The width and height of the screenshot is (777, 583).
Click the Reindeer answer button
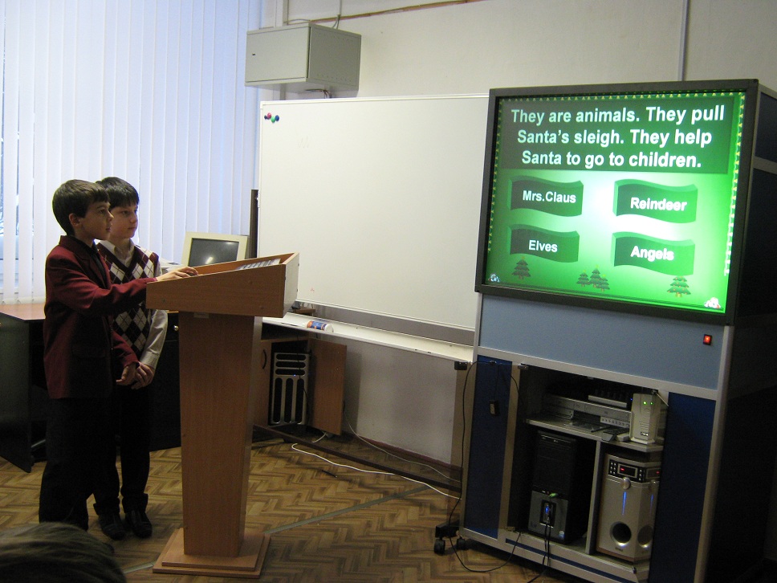[655, 202]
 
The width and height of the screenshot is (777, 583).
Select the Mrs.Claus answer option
[547, 196]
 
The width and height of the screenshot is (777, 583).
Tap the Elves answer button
[543, 244]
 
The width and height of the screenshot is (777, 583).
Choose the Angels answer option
[653, 253]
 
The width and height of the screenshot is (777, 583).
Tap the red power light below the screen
[707, 340]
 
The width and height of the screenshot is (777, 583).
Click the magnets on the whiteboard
[271, 117]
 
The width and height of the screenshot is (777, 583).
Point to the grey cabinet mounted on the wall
[303, 57]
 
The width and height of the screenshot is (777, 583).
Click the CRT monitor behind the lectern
[214, 250]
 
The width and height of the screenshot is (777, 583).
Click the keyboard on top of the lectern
[258, 263]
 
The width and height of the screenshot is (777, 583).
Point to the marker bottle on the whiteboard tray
[319, 326]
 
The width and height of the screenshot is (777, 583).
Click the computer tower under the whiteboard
[289, 388]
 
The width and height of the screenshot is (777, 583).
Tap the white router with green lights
[645, 418]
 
